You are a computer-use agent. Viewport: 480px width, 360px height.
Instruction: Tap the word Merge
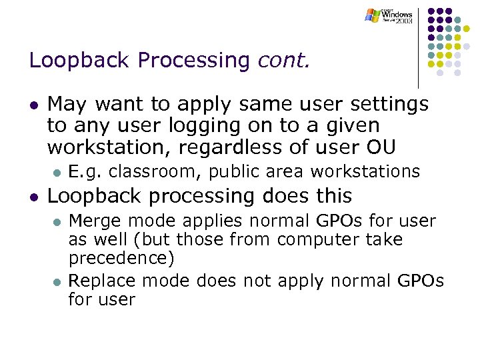90,221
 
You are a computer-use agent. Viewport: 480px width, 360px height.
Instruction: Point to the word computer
314,239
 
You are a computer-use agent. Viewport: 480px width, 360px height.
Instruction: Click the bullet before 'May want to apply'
33,105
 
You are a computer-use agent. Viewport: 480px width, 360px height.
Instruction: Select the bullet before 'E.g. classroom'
58,172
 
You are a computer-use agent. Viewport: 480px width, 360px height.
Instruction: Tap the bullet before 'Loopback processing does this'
33,197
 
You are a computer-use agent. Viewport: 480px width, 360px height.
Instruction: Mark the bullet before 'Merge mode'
58,221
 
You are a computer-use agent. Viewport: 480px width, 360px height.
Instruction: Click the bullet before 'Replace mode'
58,281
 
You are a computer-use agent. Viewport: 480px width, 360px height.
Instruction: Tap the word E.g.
85,171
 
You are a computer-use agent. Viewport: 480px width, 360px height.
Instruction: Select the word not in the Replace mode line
257,281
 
